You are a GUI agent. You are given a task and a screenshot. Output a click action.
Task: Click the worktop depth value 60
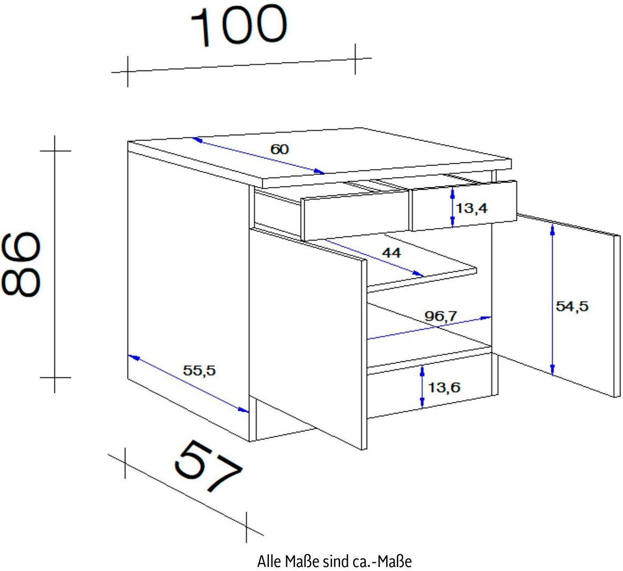(x=280, y=149)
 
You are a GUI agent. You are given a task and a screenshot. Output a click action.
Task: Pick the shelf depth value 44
(x=392, y=253)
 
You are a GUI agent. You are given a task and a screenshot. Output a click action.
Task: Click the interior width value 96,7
(x=441, y=316)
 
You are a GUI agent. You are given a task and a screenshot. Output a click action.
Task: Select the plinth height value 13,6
(x=444, y=387)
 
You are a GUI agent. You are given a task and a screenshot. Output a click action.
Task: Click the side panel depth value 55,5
(x=199, y=370)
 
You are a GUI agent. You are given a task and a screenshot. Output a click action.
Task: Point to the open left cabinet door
(x=307, y=338)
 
